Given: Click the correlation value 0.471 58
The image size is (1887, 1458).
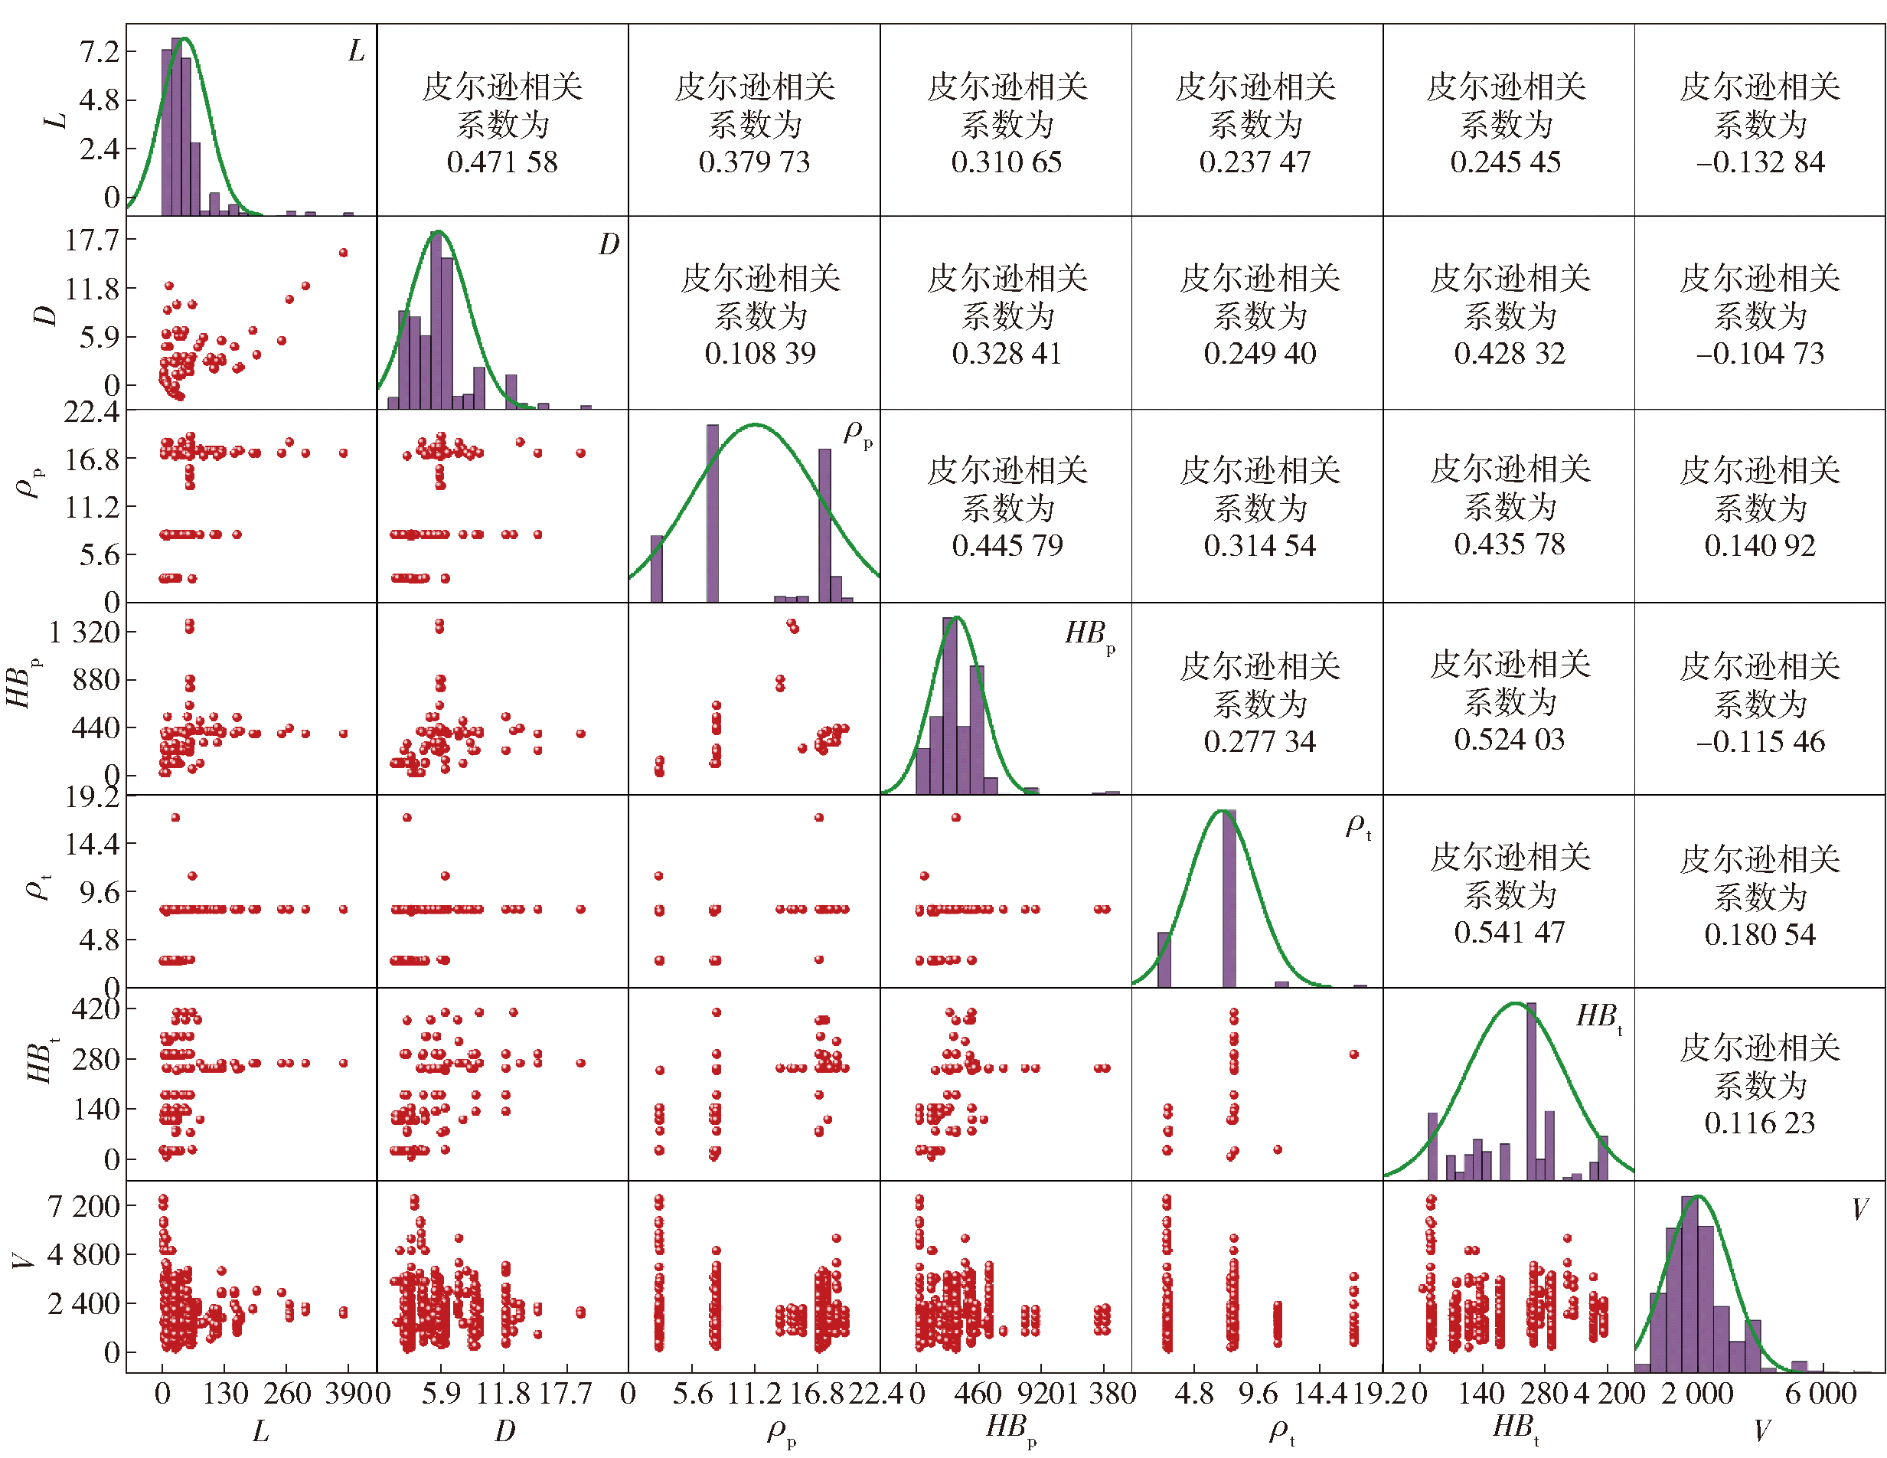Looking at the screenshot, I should tap(502, 162).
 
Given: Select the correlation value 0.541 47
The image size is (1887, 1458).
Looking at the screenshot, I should tap(1509, 932).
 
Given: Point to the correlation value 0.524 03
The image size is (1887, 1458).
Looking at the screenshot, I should tap(1509, 739).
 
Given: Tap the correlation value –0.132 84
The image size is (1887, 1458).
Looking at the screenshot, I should tap(1760, 162).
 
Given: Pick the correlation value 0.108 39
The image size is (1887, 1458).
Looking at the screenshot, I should tap(759, 352).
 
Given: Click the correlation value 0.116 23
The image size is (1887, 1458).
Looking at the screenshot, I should tap(1760, 1122).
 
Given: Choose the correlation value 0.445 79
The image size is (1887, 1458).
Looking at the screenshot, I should tap(1007, 544).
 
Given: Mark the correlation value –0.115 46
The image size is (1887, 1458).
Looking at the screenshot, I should tap(1760, 740).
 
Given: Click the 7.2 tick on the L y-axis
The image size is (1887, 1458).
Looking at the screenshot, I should tap(100, 52).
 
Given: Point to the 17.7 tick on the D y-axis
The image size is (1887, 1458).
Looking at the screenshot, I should tap(92, 240).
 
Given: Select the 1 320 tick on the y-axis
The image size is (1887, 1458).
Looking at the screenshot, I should tap(83, 632).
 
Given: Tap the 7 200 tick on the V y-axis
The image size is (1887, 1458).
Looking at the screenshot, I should tap(83, 1205).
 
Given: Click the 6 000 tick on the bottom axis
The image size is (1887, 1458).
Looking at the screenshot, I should tap(1820, 1393).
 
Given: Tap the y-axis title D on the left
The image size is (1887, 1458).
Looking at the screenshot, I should tap(46, 315).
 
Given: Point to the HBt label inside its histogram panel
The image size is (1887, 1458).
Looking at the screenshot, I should tap(1598, 1016).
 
